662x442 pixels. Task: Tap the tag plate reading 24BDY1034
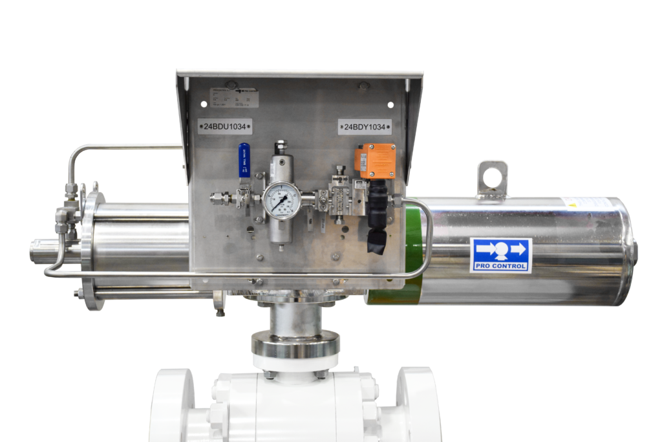coord(365,127)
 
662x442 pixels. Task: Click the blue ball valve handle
coord(244,160)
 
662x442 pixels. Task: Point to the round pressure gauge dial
coord(282,201)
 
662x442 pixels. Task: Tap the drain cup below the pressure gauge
coord(279,234)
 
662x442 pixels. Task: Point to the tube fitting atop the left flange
coord(70,190)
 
